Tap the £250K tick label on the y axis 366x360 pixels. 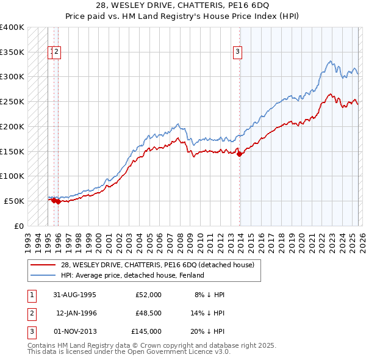12,102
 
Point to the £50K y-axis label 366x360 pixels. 14,201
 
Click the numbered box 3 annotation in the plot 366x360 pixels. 237,52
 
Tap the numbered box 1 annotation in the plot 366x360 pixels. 51,52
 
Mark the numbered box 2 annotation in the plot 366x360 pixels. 56,52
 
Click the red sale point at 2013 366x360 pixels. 239,154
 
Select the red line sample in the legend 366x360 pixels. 43,265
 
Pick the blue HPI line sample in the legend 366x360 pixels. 43,275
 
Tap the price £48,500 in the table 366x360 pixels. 146,313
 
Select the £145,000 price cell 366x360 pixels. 146,331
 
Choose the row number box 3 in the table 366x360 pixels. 30,331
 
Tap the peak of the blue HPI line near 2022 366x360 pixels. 330,61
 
